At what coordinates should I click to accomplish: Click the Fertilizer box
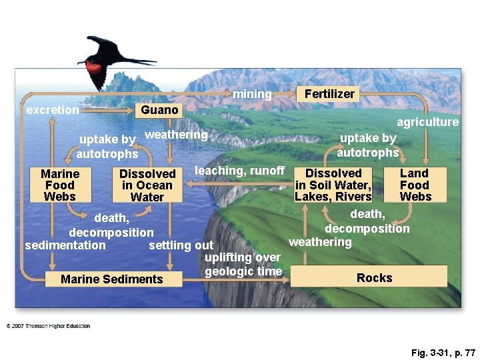click(x=329, y=94)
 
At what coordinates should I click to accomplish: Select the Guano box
click(x=159, y=110)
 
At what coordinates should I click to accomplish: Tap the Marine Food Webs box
click(x=60, y=185)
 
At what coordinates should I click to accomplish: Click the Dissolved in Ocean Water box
click(x=147, y=185)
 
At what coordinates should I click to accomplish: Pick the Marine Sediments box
click(x=111, y=279)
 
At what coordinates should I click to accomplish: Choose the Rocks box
click(x=373, y=277)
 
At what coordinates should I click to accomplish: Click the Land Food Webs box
click(x=415, y=185)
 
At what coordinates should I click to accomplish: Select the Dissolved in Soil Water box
click(x=333, y=185)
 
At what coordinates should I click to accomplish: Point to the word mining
click(x=252, y=95)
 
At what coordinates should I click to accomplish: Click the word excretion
click(x=52, y=110)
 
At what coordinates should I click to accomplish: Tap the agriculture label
click(x=427, y=122)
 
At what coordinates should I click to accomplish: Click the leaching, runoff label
click(x=239, y=171)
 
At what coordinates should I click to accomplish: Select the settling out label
click(x=181, y=245)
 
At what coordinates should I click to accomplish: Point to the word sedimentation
click(x=65, y=245)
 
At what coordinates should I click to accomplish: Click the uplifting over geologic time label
click(x=243, y=264)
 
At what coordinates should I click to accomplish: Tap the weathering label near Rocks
click(x=320, y=241)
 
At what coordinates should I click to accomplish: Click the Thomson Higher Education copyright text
click(x=48, y=326)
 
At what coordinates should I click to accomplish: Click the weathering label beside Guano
click(x=176, y=135)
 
